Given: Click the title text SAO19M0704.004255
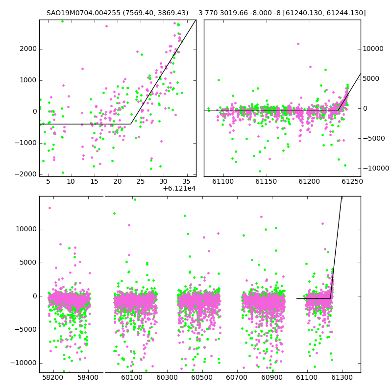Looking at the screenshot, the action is point(83,13).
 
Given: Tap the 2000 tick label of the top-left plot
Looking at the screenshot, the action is point(28,49).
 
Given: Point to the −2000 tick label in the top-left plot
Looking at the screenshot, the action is point(26,174).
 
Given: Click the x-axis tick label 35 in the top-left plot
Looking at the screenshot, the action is point(186,181).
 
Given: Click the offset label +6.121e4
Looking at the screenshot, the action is point(179,189).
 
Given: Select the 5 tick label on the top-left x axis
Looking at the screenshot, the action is point(48,181).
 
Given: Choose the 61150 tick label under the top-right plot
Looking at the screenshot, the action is point(266,181).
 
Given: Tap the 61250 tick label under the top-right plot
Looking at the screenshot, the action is point(352,181).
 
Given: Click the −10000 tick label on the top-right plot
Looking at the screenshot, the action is point(376,168).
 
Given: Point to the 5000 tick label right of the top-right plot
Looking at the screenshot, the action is point(371,78).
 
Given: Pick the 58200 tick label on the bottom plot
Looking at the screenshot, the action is point(53,377).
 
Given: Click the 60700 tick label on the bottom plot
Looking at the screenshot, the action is point(237,377).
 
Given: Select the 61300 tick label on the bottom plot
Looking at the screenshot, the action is point(342,377).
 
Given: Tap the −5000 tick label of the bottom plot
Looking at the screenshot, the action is point(26,330).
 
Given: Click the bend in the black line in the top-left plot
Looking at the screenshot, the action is point(131,124).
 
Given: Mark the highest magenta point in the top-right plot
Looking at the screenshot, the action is point(298,44).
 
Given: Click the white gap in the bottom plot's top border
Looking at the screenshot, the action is point(104,196).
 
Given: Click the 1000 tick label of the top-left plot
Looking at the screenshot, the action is point(28,80).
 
